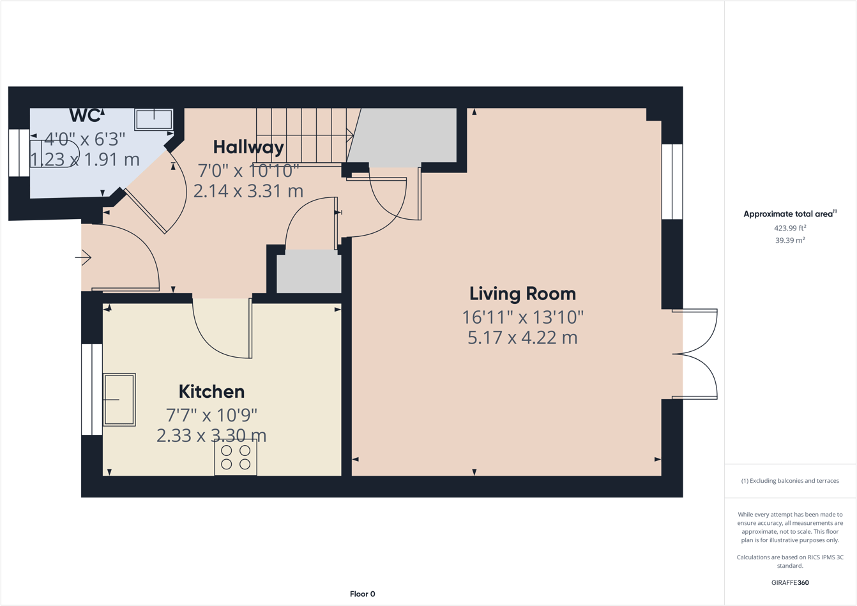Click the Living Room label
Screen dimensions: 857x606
pos(522,294)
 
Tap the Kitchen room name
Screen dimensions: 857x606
pos(211,391)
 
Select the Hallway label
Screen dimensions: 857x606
pos(248,148)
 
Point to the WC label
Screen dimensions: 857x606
pos(86,115)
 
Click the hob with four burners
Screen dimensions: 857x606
pos(235,457)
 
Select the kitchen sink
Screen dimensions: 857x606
pos(119,399)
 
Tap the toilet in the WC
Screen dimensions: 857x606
pos(54,154)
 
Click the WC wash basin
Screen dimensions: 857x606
pos(154,119)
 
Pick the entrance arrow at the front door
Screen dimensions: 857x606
pos(83,257)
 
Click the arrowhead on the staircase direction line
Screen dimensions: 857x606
pos(350,135)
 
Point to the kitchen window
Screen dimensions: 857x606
pos(92,390)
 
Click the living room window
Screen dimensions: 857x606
pos(672,181)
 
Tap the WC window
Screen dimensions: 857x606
pos(19,153)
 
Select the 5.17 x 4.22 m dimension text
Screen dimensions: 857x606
pos(522,338)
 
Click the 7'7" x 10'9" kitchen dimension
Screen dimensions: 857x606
pos(211,414)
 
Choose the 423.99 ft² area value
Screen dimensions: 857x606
pos(790,228)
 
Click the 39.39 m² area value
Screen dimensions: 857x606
pos(790,240)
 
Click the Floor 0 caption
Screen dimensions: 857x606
pos(362,594)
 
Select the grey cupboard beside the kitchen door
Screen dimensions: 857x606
pos(309,271)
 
